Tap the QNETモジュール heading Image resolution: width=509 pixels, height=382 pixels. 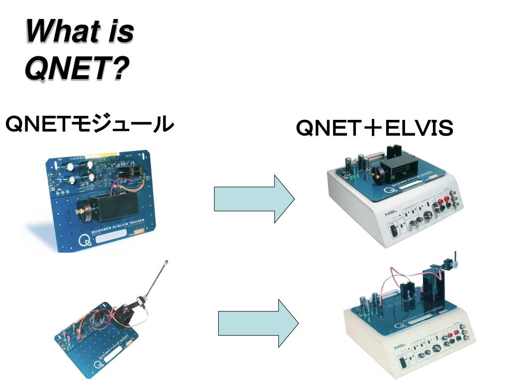(x=89, y=124)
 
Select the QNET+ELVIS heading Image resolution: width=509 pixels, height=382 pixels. (x=374, y=128)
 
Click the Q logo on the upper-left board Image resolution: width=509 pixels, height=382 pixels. (x=84, y=243)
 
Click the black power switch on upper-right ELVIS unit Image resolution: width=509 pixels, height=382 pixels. (x=393, y=230)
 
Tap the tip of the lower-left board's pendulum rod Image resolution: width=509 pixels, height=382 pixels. (x=167, y=261)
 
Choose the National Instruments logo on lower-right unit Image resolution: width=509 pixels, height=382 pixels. (x=396, y=346)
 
